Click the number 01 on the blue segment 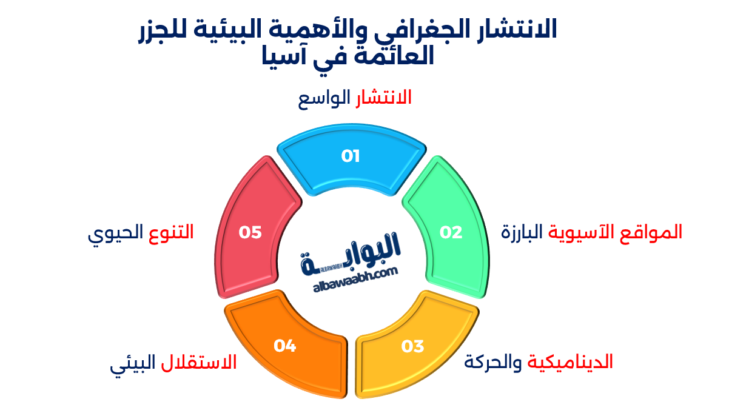[x=351, y=156]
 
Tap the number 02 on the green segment [x=451, y=232]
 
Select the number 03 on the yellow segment [x=412, y=346]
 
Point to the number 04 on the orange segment [x=284, y=346]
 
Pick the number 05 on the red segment [x=250, y=232]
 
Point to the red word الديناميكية [x=570, y=362]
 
